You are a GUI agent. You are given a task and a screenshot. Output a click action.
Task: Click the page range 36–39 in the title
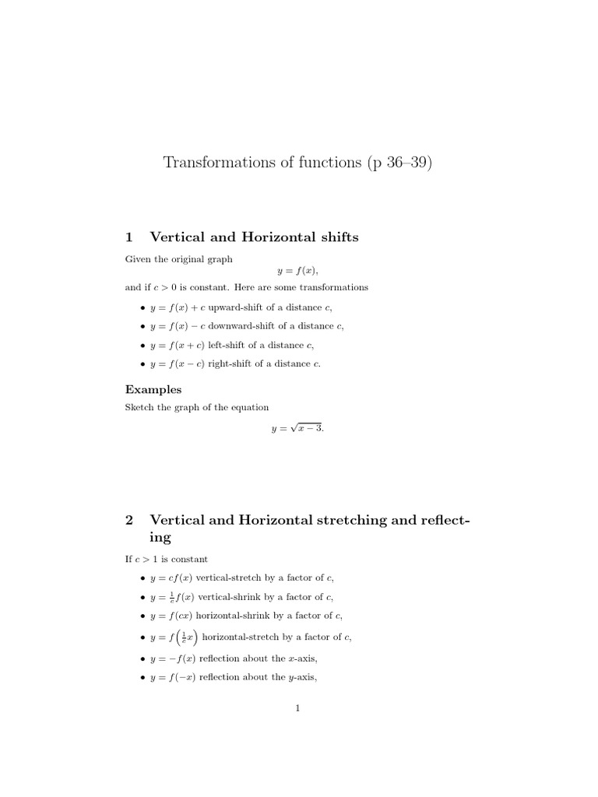pos(403,163)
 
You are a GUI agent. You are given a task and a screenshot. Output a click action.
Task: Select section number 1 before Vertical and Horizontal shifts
pos(129,237)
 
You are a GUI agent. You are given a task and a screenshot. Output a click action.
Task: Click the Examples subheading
pos(153,389)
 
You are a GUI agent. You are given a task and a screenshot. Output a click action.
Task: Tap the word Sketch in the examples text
pos(139,407)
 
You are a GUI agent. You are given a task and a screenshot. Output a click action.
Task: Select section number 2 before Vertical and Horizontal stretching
pos(129,520)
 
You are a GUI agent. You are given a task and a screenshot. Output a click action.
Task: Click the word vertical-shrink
pos(227,597)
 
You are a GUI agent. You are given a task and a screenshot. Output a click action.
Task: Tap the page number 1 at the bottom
pos(298,707)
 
